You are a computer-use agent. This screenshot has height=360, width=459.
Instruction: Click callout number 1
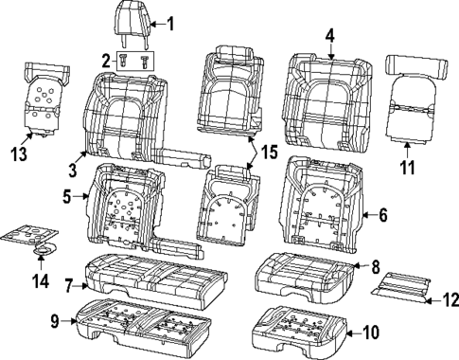170,23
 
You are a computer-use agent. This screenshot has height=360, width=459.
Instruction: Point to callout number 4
329,37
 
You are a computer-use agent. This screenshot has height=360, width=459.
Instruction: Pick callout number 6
383,215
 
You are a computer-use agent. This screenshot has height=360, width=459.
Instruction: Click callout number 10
369,332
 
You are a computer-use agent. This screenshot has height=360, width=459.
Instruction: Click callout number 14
38,280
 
